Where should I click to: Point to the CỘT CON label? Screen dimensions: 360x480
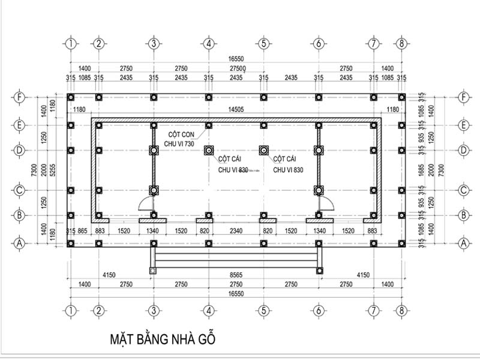182,136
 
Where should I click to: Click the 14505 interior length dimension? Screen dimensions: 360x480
236,109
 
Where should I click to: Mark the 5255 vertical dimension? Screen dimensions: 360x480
53,170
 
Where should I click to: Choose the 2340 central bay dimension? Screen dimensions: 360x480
236,230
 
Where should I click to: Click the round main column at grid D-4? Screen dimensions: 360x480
208,149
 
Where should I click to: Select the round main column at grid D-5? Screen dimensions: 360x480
263,149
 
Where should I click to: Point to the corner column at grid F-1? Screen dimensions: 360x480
71,97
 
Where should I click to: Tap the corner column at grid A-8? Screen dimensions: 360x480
401,243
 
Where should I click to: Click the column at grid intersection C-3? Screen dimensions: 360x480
154,191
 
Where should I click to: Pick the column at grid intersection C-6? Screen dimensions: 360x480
318,191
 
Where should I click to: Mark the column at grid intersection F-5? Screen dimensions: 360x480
263,97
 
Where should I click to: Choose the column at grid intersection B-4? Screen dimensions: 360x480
208,214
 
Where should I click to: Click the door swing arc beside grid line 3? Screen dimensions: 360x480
145,205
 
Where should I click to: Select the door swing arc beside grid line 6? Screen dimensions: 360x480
326,205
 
